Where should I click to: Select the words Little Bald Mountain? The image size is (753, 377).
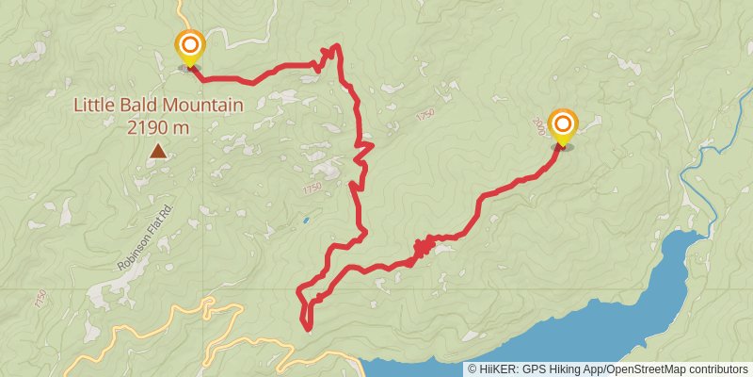[159, 107]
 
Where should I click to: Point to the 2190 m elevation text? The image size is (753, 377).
[158, 125]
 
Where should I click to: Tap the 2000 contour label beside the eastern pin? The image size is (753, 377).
[539, 125]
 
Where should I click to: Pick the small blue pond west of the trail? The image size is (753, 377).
[305, 221]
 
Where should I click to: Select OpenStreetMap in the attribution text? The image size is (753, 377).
[649, 369]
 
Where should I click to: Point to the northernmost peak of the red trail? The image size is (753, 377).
[334, 45]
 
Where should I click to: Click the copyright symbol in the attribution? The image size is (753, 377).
[473, 369]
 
